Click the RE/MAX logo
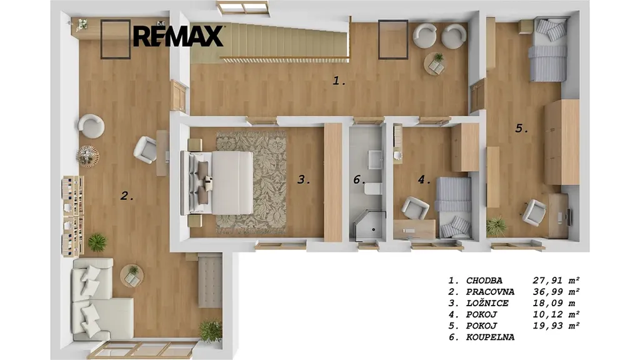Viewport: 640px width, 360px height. tap(178, 36)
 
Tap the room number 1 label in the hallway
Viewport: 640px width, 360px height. tap(339, 81)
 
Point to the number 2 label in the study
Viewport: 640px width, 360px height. tap(127, 196)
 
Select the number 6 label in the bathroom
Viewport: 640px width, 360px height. tap(359, 179)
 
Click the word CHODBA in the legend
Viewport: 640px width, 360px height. tap(484, 281)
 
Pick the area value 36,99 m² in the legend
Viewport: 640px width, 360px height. tap(556, 292)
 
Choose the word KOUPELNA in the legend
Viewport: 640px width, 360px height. tap(490, 337)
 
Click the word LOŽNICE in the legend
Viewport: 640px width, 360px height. tap(487, 303)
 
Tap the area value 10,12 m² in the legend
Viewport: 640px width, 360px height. tap(556, 315)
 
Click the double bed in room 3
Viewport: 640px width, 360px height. tap(217, 182)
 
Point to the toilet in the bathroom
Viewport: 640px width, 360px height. tap(373, 189)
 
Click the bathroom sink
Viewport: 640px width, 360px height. tap(375, 159)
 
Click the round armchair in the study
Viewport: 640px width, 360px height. tap(91, 126)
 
